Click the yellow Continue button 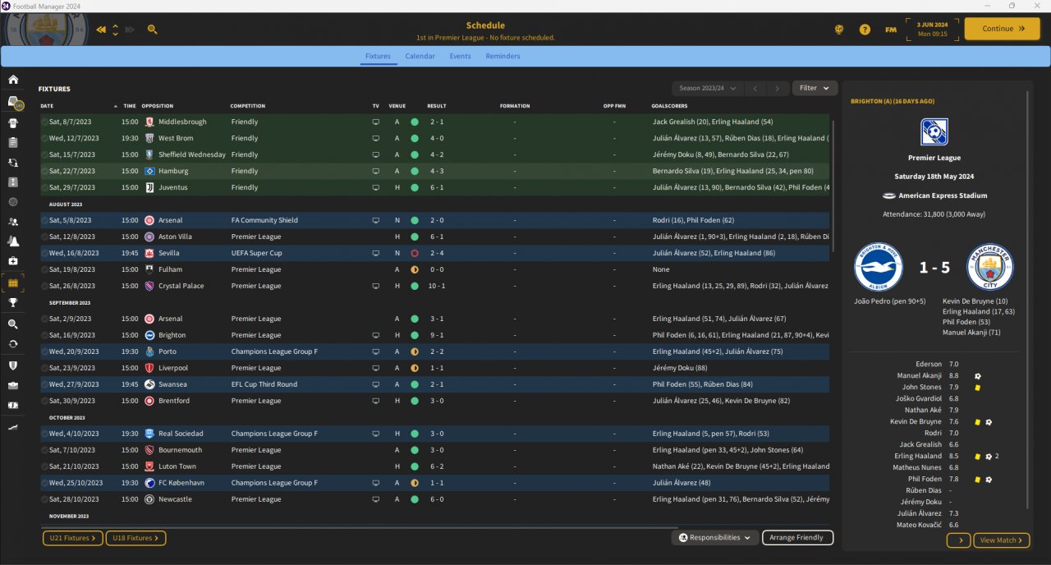tap(1002, 29)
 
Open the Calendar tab tap(420, 56)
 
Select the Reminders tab tap(503, 56)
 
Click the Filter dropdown tap(815, 88)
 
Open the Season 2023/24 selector tap(708, 88)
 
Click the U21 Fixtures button tap(73, 538)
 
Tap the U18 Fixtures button tap(135, 538)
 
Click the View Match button tap(1001, 540)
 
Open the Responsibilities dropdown tap(714, 538)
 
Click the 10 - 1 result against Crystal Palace tap(436, 286)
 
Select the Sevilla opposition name tap(169, 253)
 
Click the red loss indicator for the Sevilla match tap(415, 253)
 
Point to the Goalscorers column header tap(669, 106)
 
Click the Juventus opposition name tap(172, 187)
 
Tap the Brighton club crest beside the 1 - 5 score tap(878, 267)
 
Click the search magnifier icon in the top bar tap(152, 30)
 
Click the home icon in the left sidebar tap(13, 80)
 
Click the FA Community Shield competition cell tap(264, 220)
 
